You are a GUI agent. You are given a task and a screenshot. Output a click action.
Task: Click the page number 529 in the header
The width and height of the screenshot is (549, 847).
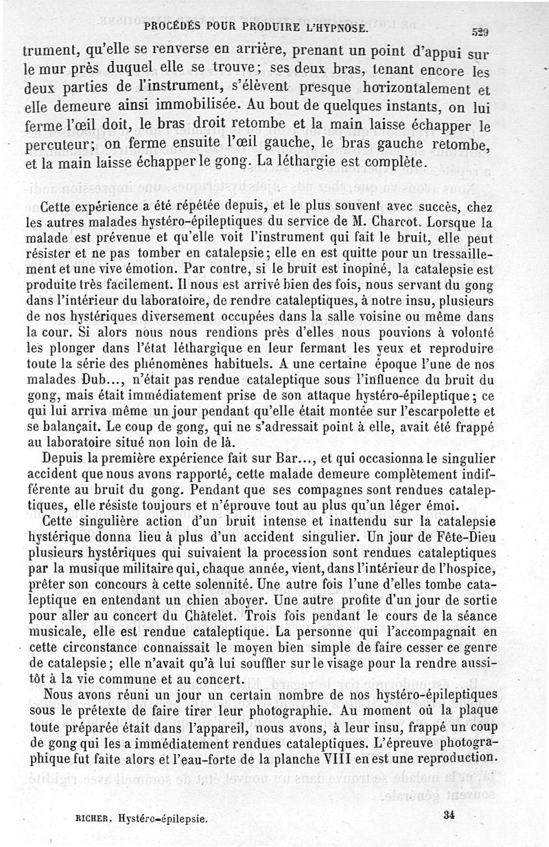(479, 32)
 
